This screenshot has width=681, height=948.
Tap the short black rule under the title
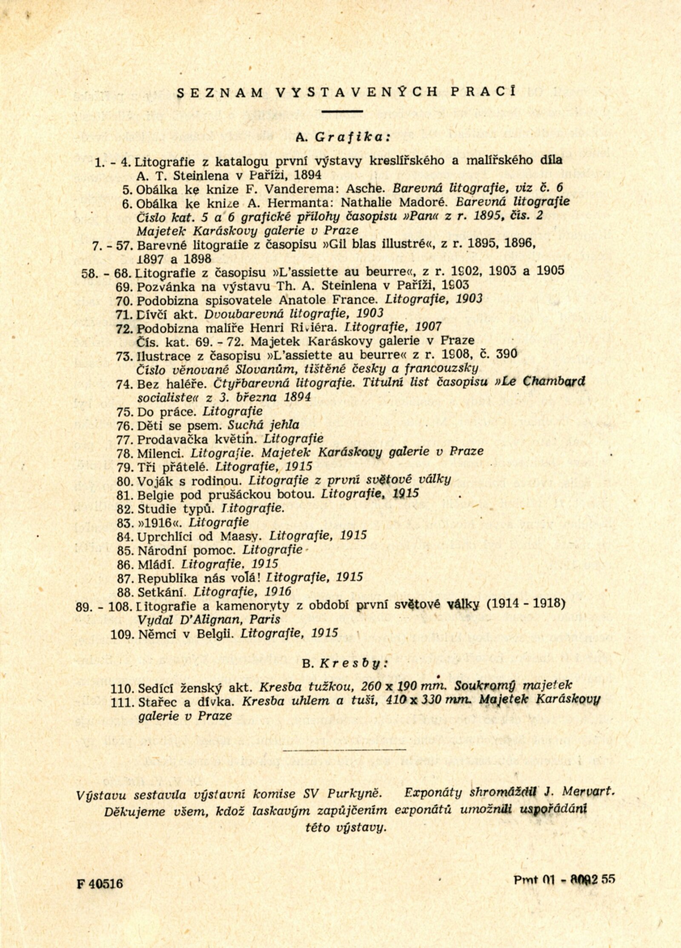[342, 111]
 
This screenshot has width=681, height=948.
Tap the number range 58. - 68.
[107, 273]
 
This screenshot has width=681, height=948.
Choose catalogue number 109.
[122, 634]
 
